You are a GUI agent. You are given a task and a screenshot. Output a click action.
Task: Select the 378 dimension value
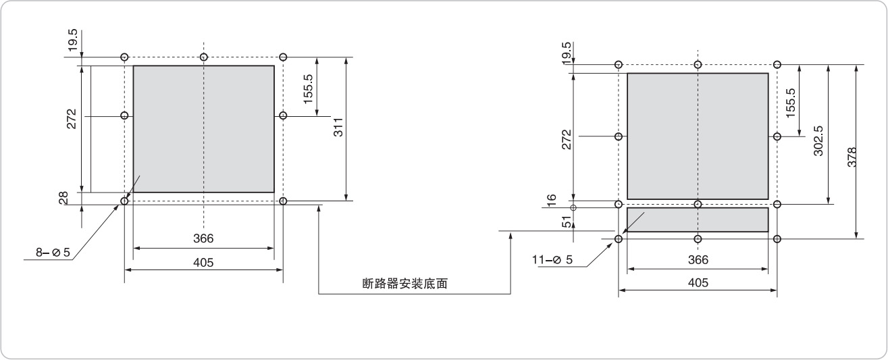pyautogui.click(x=852, y=160)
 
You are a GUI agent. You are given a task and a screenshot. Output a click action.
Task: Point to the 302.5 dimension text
pyautogui.click(x=819, y=141)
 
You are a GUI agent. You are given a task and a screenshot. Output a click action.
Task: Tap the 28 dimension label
pyautogui.click(x=63, y=197)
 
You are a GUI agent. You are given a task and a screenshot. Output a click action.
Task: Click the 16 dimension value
pyautogui.click(x=552, y=199)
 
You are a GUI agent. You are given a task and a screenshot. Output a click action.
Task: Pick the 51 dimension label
pyautogui.click(x=568, y=220)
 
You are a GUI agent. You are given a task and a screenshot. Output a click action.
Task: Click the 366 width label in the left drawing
pyautogui.click(x=203, y=238)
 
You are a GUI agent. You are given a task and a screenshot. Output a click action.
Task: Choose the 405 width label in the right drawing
pyautogui.click(x=698, y=282)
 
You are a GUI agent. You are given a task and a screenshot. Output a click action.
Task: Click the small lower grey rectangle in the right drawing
pyautogui.click(x=698, y=220)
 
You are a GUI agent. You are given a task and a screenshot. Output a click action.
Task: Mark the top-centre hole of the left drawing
pyautogui.click(x=204, y=57)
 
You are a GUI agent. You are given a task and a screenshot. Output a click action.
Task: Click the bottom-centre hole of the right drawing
pyautogui.click(x=698, y=238)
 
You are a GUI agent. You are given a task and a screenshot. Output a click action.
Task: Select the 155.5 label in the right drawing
pyautogui.click(x=791, y=101)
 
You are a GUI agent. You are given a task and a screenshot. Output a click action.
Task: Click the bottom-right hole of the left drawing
pyautogui.click(x=283, y=201)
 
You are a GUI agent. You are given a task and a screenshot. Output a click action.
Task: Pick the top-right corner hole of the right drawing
pyautogui.click(x=777, y=64)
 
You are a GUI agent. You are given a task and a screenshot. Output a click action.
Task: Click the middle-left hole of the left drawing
pyautogui.click(x=124, y=115)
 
